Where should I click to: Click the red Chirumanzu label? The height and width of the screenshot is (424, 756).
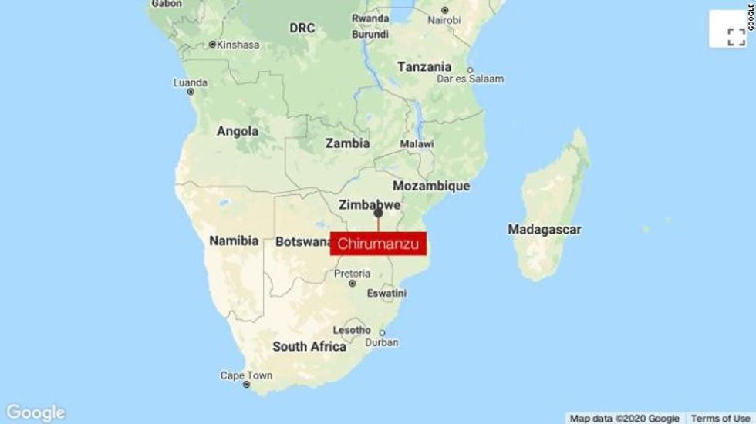point(379,243)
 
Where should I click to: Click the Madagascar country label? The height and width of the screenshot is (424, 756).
point(545,229)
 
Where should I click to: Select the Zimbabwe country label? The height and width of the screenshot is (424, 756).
point(370,205)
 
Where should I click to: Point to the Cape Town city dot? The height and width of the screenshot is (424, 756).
point(247,384)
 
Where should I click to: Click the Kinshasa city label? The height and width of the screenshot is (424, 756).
point(238,45)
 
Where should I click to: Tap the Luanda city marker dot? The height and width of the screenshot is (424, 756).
point(191,92)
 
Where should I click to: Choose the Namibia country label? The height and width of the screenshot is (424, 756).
point(234,241)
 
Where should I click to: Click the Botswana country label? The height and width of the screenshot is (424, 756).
point(303,242)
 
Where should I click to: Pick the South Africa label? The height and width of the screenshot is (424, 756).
point(309,347)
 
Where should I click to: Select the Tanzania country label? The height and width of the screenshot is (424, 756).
point(424,67)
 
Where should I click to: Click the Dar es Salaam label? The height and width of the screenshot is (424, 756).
point(470,79)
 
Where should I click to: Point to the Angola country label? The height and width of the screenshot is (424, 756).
point(238,131)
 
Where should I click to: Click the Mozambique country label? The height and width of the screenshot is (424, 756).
point(431,186)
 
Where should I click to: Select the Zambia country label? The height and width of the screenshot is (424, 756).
point(347,143)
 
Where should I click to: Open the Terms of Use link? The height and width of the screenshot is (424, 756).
point(720,418)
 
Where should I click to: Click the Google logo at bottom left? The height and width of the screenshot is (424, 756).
point(35,412)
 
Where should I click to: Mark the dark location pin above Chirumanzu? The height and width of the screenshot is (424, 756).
point(378,213)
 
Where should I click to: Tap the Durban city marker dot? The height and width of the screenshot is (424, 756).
point(382,333)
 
